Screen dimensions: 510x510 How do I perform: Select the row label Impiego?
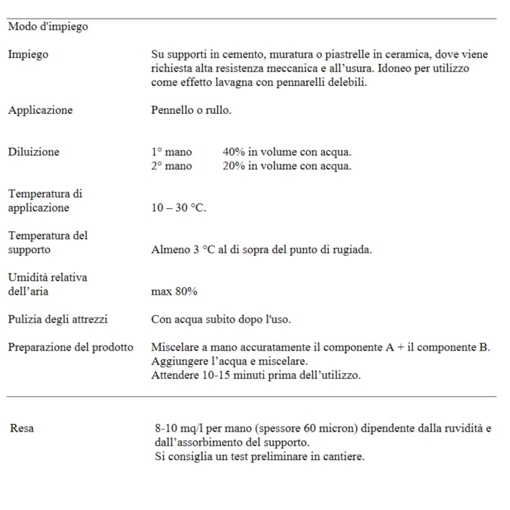pos(28,54)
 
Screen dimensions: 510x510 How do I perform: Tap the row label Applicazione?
pos(40,110)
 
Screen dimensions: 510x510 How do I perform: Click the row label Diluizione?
pos(33,152)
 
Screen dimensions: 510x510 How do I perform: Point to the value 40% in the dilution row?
pos(235,152)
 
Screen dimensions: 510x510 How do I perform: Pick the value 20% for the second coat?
pos(235,166)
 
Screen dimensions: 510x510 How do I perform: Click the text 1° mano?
pos(171,152)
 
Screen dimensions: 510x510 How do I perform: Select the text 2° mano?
pos(171,166)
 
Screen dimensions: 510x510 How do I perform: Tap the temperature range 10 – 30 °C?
pos(178,208)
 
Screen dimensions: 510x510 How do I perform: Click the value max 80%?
pos(174,291)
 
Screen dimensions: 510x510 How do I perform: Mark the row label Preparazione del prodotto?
pos(70,347)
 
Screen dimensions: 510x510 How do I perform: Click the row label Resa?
pos(22,428)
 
